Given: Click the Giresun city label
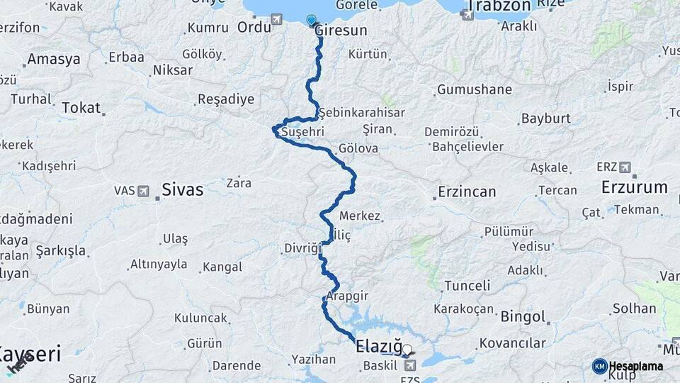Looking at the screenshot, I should [341, 30].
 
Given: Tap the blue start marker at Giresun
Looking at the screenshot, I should [312, 20].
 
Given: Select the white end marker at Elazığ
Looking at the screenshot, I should [407, 349].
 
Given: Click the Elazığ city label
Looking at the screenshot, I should [378, 348].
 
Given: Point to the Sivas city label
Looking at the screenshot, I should [182, 189].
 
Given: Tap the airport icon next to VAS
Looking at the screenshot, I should [144, 191].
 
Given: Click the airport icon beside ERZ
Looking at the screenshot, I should [625, 167].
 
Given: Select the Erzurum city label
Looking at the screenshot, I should [634, 187].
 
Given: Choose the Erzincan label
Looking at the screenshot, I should [467, 191].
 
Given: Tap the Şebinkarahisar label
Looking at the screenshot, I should [361, 113].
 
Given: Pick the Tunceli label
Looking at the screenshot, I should [466, 286].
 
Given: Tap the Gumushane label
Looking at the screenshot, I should [474, 90].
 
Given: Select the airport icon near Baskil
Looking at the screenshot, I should [410, 365].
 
